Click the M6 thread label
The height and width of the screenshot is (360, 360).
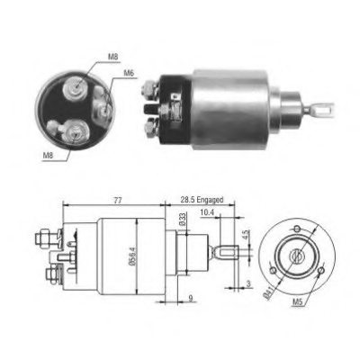[x=129, y=73]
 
